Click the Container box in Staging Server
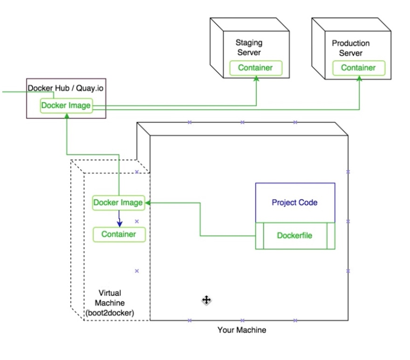(255, 68)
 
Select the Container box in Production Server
(358, 68)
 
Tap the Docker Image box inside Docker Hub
(66, 106)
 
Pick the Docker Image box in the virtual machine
(118, 203)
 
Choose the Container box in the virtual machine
(119, 234)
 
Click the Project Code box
(294, 203)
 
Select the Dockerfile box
(294, 235)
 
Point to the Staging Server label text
(249, 48)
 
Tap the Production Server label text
(350, 48)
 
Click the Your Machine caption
(242, 330)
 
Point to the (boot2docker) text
(109, 313)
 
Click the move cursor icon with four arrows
(206, 300)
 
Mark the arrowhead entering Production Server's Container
(359, 79)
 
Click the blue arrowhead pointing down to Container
(119, 224)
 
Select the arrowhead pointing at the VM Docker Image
(148, 203)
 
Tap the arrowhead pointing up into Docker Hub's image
(67, 116)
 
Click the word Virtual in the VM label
(109, 293)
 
